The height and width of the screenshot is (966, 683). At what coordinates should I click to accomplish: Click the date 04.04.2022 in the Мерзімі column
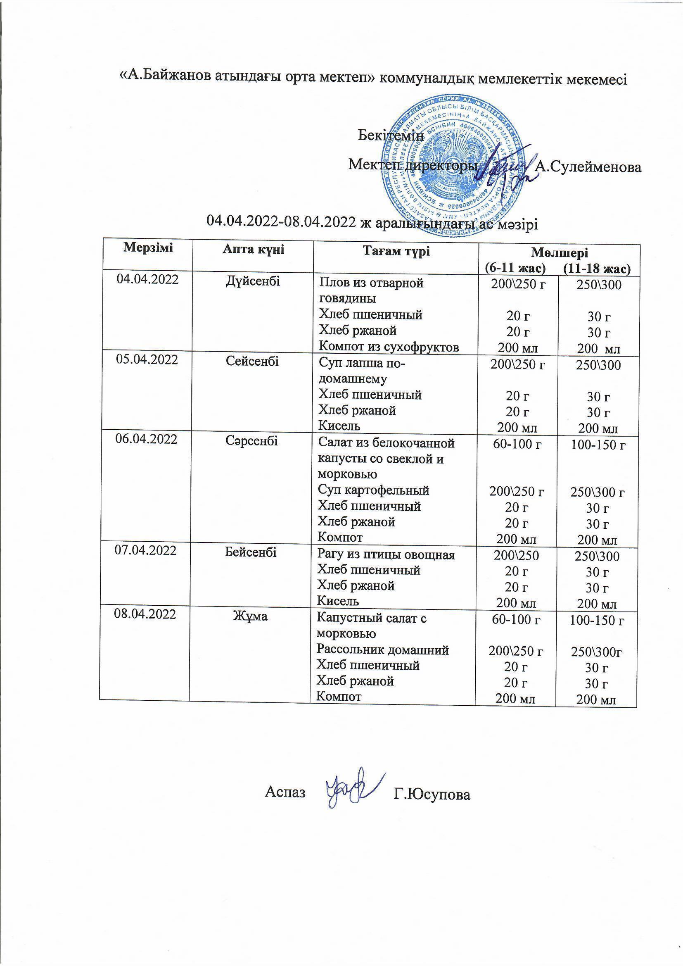coord(147,279)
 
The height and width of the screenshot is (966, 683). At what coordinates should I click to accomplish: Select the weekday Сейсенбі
coord(252,361)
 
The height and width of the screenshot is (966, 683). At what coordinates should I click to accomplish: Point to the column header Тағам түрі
coord(396,252)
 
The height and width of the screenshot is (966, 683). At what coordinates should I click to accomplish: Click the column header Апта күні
coord(253,250)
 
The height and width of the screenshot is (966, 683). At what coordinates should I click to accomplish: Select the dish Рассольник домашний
coord(383,650)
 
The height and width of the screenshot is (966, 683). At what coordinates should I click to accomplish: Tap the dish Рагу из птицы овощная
coord(386,554)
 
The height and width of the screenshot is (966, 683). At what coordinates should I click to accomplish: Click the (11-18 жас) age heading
coord(597,268)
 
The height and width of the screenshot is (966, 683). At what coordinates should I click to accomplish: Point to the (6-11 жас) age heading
coord(515,267)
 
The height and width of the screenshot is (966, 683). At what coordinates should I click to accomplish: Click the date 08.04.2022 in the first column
coord(145,614)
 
